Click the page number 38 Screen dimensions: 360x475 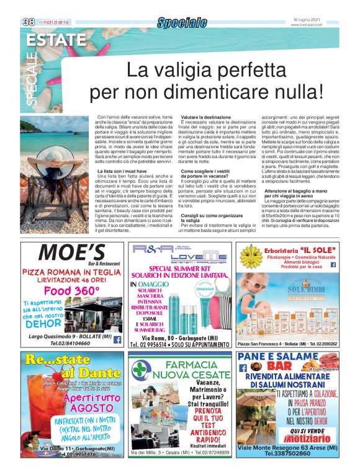[28, 22]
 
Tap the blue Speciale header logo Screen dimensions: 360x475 [181, 23]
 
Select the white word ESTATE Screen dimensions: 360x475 [56, 40]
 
